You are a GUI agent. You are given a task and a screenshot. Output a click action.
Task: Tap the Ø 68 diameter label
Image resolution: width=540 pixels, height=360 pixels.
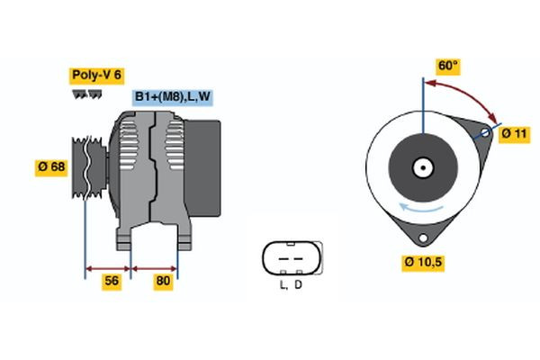click(x=53, y=167)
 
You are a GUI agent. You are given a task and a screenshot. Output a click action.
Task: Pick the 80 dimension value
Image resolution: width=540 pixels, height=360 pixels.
click(x=163, y=281)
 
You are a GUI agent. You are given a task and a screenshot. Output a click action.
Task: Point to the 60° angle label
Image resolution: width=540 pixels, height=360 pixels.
click(x=447, y=66)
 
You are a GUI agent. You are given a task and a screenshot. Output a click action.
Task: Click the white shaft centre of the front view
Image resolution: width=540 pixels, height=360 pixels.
click(x=421, y=167)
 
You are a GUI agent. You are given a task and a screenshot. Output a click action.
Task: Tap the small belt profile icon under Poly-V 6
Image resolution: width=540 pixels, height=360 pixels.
click(x=86, y=94)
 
